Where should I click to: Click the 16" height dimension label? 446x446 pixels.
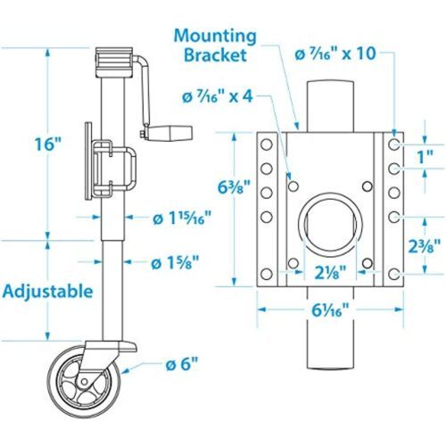pos(48,144)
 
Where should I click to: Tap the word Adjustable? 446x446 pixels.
pos(48,292)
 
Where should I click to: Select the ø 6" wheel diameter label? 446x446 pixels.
pos(181,365)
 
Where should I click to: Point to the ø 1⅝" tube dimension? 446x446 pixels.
pos(175,263)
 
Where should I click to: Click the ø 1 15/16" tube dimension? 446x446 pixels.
pos(182,219)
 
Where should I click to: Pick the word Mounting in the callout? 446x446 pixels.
pos(215,37)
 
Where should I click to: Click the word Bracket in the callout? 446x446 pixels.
pos(215,54)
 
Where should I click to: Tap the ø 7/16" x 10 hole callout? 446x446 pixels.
pos(335,54)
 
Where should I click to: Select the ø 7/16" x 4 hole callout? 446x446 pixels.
pos(218,96)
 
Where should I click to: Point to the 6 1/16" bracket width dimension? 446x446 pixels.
pos(330,310)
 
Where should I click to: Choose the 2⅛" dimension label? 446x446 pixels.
pos(330,272)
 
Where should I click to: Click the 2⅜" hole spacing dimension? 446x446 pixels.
pos(424,245)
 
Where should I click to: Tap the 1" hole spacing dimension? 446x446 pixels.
pos(425,157)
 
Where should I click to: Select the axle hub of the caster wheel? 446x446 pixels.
pos(84,381)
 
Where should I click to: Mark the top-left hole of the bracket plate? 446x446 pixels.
pos(267,145)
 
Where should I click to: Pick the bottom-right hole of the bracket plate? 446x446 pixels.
pos(394,274)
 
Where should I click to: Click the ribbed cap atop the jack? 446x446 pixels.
pos(113,62)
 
